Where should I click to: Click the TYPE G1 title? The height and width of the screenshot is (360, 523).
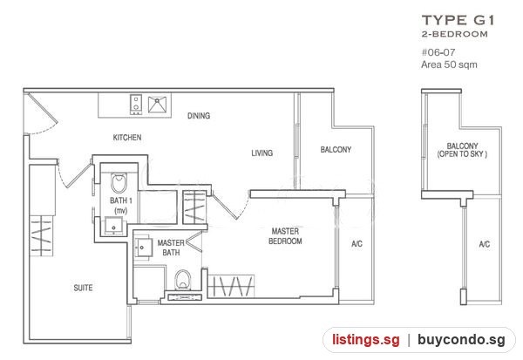458,20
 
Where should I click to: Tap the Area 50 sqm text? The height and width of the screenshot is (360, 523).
449,65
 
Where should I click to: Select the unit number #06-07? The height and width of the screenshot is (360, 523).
438,52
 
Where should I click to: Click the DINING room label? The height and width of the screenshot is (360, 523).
199,116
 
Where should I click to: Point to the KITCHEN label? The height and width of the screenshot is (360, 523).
127,138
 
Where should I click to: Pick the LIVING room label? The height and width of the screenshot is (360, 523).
261,153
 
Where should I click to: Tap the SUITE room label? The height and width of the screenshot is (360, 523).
83,288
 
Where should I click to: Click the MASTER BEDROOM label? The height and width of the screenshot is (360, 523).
285,236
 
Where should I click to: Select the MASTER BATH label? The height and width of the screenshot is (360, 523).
171,248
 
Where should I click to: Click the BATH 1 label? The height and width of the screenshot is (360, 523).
121,205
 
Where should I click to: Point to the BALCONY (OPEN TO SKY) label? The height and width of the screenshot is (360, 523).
462,150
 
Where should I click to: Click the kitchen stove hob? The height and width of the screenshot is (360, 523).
136,104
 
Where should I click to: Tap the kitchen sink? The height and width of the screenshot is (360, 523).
157,104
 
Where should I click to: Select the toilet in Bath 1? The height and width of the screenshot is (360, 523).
119,183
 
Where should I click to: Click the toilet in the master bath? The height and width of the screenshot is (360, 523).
183,280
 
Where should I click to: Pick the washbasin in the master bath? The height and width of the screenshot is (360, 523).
142,248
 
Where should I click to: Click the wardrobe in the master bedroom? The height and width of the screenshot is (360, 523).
231,286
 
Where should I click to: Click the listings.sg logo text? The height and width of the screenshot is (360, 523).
365,340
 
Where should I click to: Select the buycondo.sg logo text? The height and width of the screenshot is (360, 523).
461,340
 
